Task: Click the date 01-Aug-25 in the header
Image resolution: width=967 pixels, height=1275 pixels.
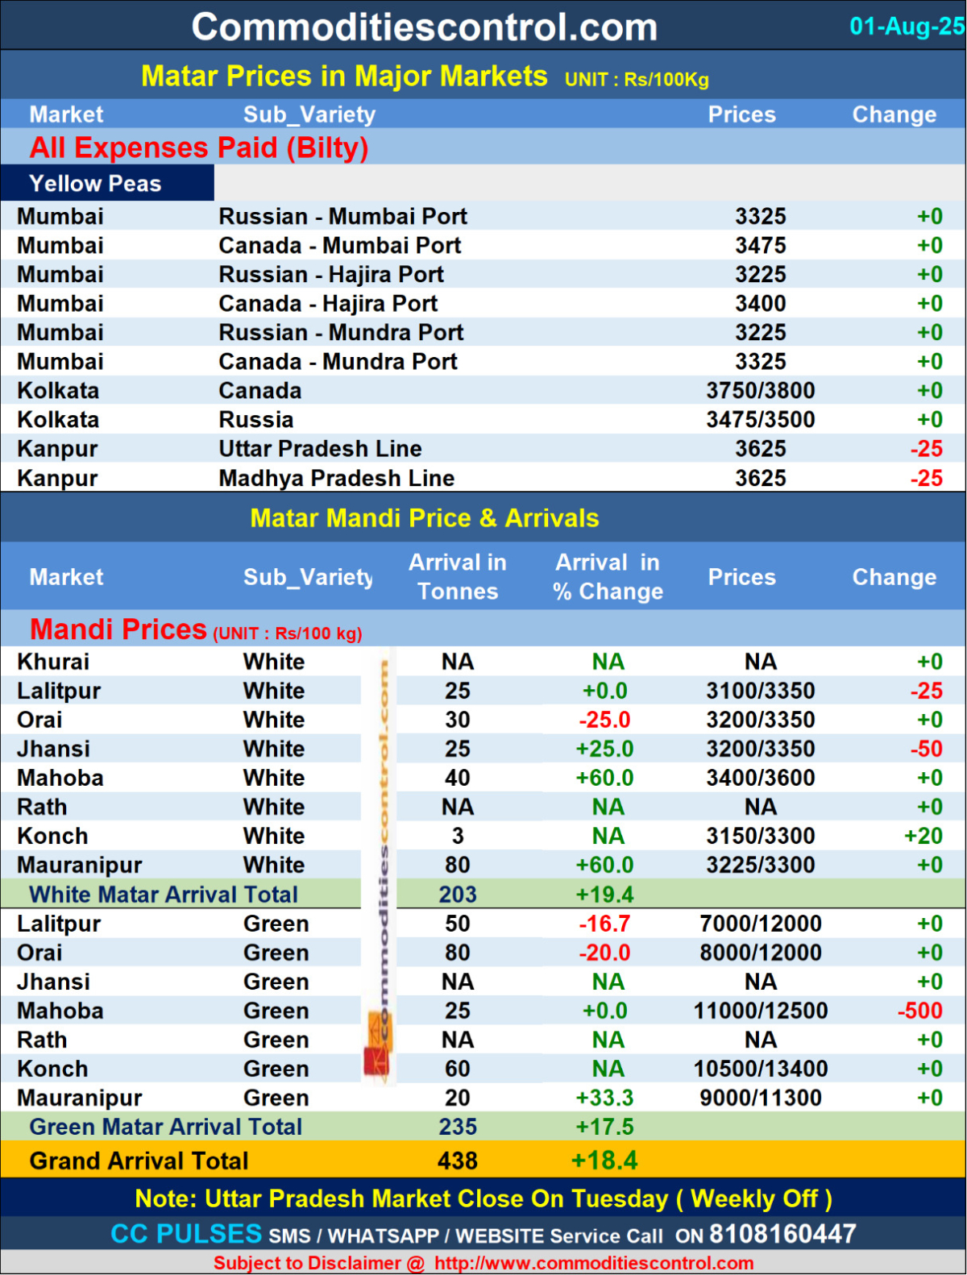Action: coord(906,27)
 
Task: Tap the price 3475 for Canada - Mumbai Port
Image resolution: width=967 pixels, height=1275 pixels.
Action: coord(760,245)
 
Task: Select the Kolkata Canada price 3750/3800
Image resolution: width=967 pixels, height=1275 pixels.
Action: coord(760,391)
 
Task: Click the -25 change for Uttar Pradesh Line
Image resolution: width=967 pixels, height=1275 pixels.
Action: coord(926,449)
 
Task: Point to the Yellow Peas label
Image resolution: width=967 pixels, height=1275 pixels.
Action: coord(95,184)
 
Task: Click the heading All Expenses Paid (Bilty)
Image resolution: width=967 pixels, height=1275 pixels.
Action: coord(199,147)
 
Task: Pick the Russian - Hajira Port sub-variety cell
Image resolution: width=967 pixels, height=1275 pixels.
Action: coord(330,275)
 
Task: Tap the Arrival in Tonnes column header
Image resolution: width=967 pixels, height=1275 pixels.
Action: coord(457,577)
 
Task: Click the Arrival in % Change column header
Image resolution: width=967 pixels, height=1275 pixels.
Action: coord(608,577)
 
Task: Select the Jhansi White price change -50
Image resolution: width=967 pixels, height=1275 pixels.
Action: coord(926,749)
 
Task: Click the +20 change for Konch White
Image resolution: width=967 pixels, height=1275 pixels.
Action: coord(923,836)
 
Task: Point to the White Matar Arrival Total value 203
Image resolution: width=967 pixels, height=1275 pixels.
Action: coord(457,895)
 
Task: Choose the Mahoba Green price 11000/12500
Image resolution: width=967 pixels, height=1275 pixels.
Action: coord(760,1011)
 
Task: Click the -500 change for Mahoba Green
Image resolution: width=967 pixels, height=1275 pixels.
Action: coord(919,1011)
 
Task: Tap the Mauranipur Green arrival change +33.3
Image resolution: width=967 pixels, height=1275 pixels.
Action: coord(604,1098)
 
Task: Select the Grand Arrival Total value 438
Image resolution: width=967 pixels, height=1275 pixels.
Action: coord(457,1161)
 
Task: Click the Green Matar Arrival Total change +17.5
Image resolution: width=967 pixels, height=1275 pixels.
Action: coord(604,1127)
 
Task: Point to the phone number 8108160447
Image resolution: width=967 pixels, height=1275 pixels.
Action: coord(782,1234)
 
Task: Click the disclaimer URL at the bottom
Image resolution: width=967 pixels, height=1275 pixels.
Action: coord(594,1263)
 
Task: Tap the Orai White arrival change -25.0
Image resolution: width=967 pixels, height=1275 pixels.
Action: coord(604,720)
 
